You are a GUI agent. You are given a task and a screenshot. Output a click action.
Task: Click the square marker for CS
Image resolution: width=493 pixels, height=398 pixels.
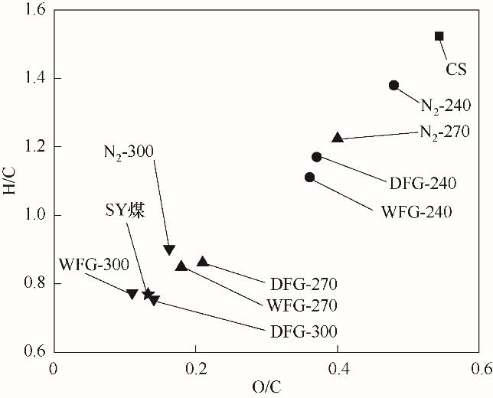click(439, 36)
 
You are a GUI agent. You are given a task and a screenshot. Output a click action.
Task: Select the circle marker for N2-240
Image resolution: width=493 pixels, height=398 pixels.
click(393, 85)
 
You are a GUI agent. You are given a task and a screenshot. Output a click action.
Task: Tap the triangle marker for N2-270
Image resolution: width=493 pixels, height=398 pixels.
click(337, 138)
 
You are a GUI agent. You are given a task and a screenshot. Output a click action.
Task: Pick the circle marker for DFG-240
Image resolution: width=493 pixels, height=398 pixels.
click(317, 157)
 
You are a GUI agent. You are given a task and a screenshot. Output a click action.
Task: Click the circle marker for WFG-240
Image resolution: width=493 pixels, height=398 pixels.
click(309, 178)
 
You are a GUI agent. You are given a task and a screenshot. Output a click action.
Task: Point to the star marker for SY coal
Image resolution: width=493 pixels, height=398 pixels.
click(147, 294)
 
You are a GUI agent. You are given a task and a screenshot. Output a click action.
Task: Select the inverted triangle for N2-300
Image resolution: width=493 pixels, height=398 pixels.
click(169, 250)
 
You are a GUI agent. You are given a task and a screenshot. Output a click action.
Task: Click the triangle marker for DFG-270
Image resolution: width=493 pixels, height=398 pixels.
click(202, 262)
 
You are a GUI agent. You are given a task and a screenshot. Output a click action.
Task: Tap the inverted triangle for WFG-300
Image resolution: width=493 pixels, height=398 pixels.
click(132, 295)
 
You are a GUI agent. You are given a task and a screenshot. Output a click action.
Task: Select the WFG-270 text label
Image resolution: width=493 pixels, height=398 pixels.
click(303, 305)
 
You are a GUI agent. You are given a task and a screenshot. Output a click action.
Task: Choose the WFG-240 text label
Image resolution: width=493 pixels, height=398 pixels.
click(416, 210)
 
